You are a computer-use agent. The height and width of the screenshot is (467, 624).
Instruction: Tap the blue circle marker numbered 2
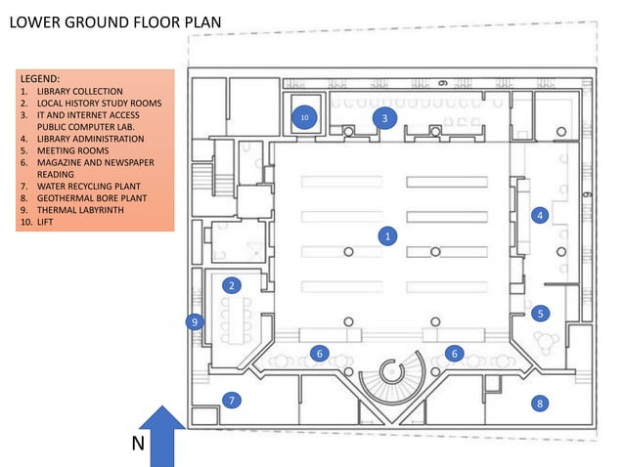tap(232, 285)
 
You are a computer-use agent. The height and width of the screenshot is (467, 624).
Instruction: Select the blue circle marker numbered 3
tap(384, 118)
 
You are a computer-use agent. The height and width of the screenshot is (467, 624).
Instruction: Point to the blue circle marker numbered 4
tap(539, 214)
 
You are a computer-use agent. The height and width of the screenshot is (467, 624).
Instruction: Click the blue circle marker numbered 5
tap(539, 314)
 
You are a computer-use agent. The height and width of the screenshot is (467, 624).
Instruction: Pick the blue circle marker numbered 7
tap(231, 400)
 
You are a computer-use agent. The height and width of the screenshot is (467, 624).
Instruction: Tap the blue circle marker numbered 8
tap(539, 403)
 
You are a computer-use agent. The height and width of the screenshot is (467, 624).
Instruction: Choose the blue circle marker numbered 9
tap(194, 320)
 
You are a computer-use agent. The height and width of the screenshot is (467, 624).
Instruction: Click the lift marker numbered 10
tap(304, 118)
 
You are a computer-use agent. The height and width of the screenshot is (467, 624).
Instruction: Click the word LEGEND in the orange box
tap(40, 77)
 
